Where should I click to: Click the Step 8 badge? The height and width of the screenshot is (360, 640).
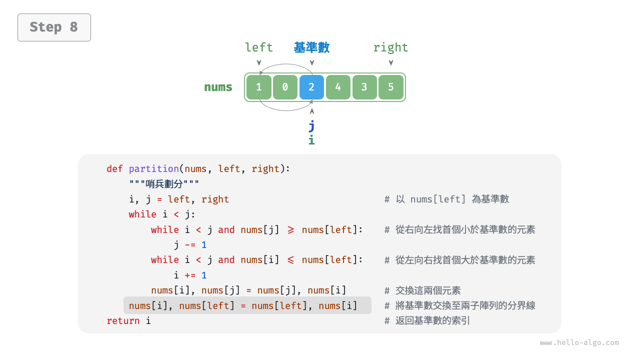tap(54, 27)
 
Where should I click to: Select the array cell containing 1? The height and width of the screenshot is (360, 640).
tap(258, 87)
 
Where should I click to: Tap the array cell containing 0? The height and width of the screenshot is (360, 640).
tap(285, 87)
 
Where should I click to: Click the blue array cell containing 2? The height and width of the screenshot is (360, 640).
tap(311, 87)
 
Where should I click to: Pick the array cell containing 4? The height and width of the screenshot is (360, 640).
tap(338, 87)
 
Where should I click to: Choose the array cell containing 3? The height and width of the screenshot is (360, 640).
tap(364, 87)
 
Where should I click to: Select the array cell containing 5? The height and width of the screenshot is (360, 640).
tap(391, 87)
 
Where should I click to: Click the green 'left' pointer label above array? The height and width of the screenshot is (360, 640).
tap(258, 47)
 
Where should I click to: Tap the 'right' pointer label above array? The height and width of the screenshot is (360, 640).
tap(390, 47)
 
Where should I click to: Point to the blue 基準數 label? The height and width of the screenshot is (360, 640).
tap(311, 47)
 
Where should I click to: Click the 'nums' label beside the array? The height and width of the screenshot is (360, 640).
tap(218, 87)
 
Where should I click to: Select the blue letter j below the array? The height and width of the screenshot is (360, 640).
tap(311, 125)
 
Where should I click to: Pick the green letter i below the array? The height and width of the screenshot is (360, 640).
tap(311, 140)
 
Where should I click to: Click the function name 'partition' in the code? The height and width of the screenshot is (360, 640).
tap(153, 169)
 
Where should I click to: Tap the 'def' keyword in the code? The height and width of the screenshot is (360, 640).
tap(114, 169)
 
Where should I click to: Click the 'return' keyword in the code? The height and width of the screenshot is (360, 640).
tap(123, 321)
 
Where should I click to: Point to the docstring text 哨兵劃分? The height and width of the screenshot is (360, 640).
tap(164, 184)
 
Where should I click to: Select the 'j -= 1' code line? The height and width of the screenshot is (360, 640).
tap(190, 245)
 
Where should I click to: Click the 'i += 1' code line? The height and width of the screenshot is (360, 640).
tap(190, 275)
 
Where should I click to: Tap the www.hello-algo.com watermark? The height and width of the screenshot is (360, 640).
tap(579, 343)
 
